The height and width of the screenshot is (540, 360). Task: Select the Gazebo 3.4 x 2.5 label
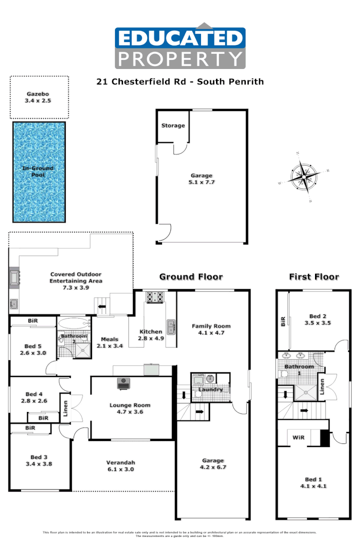(39, 97)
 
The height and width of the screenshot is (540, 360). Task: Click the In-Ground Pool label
(37, 171)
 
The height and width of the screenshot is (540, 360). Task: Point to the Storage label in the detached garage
(172, 125)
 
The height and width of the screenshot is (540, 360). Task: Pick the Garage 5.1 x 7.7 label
(201, 179)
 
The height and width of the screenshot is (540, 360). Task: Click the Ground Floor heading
(191, 276)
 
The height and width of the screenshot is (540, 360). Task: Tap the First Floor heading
(314, 276)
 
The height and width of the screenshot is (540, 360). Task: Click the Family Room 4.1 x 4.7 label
(211, 329)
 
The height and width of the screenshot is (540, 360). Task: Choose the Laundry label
(210, 389)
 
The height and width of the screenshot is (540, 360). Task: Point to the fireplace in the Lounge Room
(123, 383)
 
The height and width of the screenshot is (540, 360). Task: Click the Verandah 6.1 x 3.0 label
(120, 466)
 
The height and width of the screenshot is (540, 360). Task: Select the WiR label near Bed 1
(298, 437)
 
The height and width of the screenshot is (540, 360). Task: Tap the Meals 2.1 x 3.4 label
(109, 342)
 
